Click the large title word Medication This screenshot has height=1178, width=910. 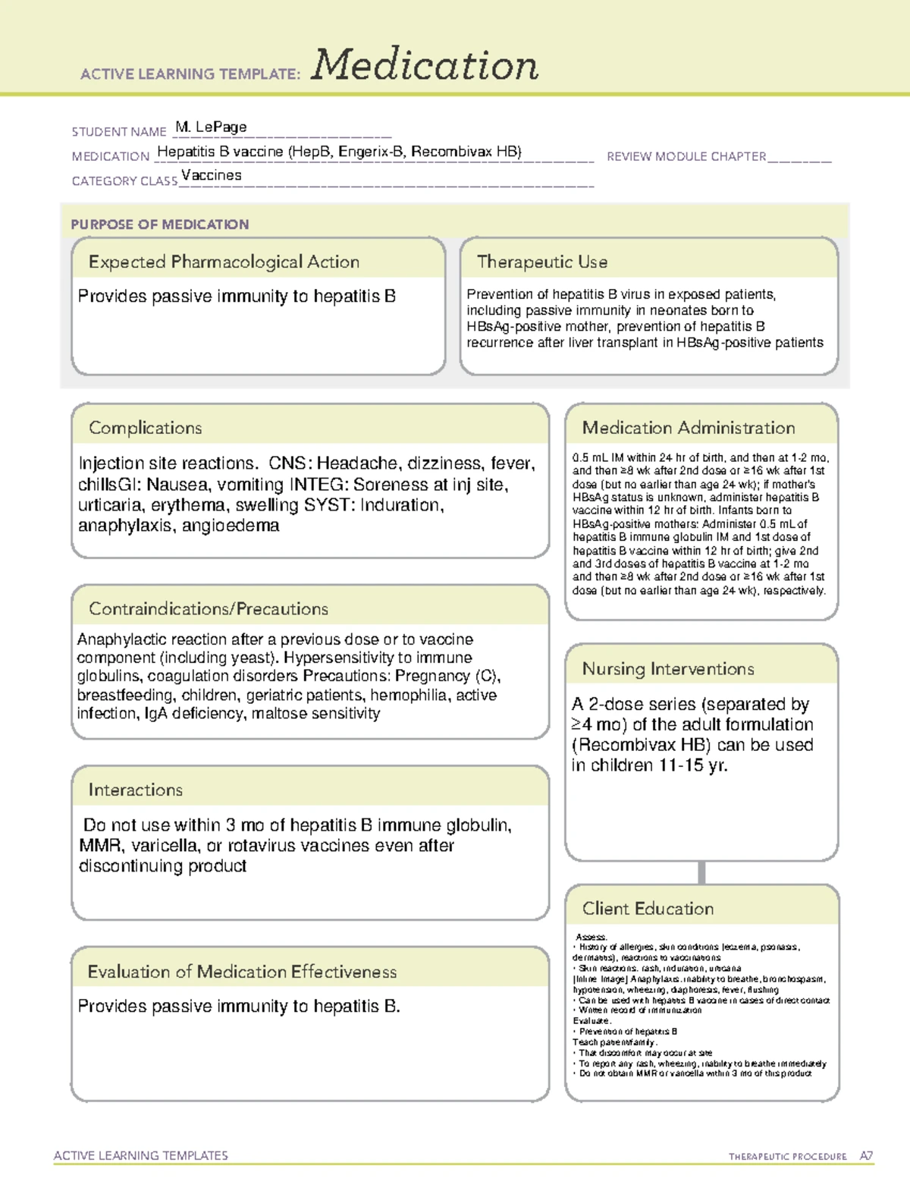pyautogui.click(x=425, y=65)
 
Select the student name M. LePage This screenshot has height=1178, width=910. pyautogui.click(x=211, y=127)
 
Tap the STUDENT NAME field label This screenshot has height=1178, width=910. pyautogui.click(x=119, y=132)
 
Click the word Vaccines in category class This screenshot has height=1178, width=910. pyautogui.click(x=212, y=175)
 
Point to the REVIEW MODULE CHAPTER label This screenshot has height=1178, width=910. pyautogui.click(x=686, y=156)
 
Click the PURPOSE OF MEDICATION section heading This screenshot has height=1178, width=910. pyautogui.click(x=160, y=225)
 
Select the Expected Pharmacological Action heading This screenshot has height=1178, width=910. pyautogui.click(x=224, y=262)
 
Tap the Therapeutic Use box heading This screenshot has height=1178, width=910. pyautogui.click(x=542, y=262)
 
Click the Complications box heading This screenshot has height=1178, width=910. pyautogui.click(x=146, y=428)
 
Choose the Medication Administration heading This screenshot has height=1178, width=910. pyautogui.click(x=689, y=428)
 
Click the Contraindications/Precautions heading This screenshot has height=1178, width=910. pyautogui.click(x=209, y=609)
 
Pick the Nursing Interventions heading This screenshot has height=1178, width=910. pyautogui.click(x=668, y=669)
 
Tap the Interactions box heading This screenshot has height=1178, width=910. pyautogui.click(x=136, y=790)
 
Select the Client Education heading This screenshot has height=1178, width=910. pyautogui.click(x=648, y=909)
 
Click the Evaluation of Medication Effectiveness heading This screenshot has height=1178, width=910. pyautogui.click(x=242, y=972)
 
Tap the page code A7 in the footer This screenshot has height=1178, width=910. pyautogui.click(x=866, y=1156)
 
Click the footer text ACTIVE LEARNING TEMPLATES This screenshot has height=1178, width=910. pyautogui.click(x=141, y=1155)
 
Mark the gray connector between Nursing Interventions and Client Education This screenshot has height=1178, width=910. pyautogui.click(x=701, y=872)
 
